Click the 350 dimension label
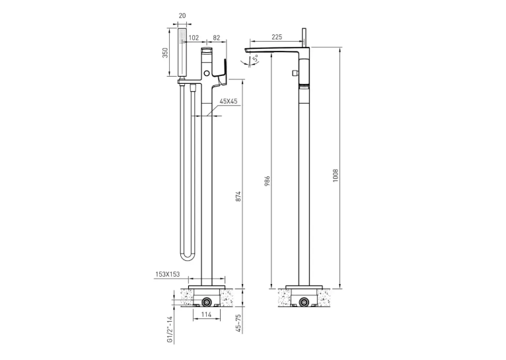[166, 53]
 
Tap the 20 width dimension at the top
[182, 15]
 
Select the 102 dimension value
[194, 38]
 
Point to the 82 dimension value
[216, 38]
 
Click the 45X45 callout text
[229, 101]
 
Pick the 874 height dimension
[238, 196]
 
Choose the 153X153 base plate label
[168, 274]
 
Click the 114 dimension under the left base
[206, 314]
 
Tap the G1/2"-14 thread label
[170, 330]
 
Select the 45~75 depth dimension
[238, 323]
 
